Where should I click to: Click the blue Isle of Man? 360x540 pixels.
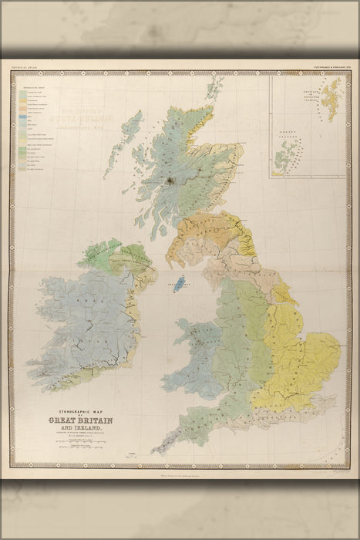pyautogui.click(x=183, y=283)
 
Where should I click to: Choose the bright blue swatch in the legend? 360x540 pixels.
pyautogui.click(x=25, y=118)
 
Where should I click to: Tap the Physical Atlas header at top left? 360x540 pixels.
pyautogui.click(x=23, y=69)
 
